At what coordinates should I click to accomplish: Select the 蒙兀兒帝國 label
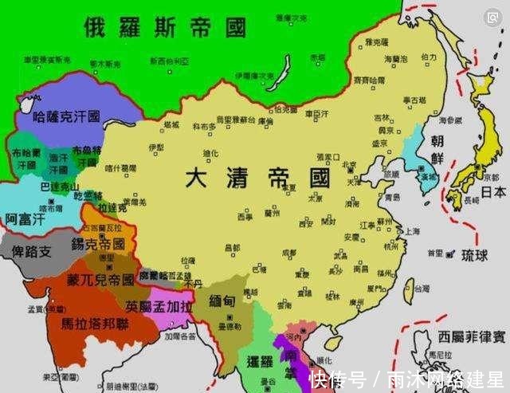[x=99, y=280]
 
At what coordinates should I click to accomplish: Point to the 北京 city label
[x=348, y=165]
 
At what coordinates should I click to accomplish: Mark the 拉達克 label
[x=112, y=206]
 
